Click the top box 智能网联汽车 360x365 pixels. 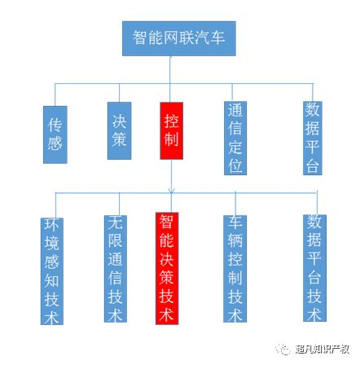(x=179, y=38)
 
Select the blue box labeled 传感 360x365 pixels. (x=55, y=134)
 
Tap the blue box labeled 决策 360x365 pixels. (x=119, y=130)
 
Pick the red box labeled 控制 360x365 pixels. (x=171, y=130)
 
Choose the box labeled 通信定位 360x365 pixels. (x=235, y=138)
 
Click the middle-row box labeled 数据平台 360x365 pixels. (x=313, y=138)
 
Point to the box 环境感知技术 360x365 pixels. (x=52, y=271)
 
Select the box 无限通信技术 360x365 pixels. (x=116, y=269)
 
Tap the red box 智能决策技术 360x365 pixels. (x=167, y=268)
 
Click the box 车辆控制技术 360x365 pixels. (x=235, y=269)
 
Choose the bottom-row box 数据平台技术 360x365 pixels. (x=314, y=268)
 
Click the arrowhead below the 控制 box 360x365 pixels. (x=171, y=191)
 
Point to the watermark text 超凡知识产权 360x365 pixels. (x=323, y=349)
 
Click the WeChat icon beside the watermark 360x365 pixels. (x=283, y=349)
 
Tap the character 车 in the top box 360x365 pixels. (x=217, y=37)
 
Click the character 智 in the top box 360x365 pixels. (x=140, y=37)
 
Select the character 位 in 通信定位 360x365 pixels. (x=235, y=165)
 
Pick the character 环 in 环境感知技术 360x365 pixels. (x=51, y=225)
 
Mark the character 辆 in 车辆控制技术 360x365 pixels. (x=235, y=240)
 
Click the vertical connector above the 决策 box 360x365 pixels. (x=119, y=93)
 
